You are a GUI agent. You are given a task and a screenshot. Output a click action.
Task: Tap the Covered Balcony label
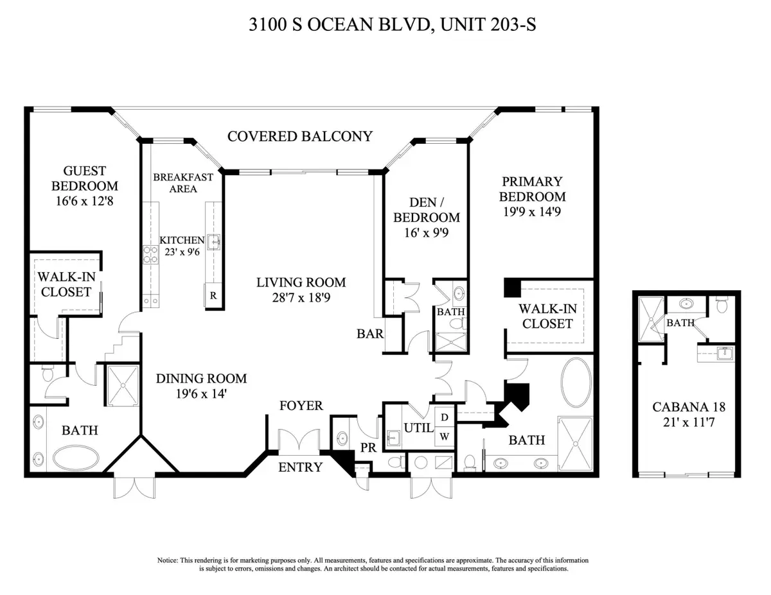(x=300, y=136)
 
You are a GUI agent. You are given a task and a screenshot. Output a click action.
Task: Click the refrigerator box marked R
(x=213, y=296)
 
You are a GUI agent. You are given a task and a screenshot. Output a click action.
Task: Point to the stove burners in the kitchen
(x=150, y=255)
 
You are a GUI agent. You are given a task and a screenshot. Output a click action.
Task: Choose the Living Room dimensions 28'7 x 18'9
(x=301, y=297)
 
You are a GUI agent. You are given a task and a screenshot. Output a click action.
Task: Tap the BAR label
(x=371, y=334)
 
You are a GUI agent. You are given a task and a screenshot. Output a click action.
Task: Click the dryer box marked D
(x=444, y=418)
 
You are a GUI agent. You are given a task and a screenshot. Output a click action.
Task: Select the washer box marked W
(x=444, y=436)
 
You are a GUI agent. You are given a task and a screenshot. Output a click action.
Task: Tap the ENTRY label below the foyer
(x=300, y=467)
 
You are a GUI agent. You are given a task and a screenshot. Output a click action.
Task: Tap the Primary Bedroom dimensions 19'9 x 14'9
(x=533, y=212)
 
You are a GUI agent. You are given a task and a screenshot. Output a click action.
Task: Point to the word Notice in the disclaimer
(x=168, y=560)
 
